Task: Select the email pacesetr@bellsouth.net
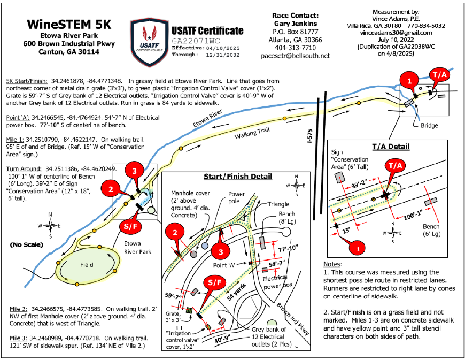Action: (x=296, y=55)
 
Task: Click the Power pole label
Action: (x=237, y=197)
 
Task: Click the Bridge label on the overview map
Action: (x=429, y=126)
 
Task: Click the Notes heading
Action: (x=335, y=264)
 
